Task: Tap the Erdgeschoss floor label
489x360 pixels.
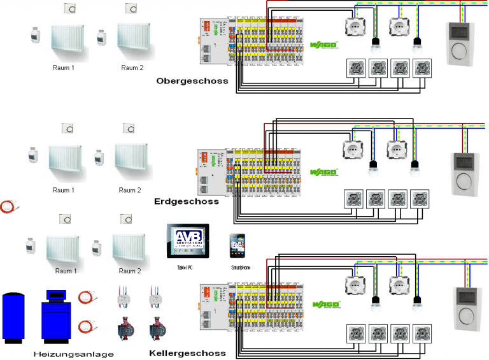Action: tap(186, 201)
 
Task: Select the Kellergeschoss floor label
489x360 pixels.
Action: tap(187, 353)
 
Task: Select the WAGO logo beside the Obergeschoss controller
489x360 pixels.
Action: tap(323, 45)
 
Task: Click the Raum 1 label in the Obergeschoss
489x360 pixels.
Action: tap(64, 68)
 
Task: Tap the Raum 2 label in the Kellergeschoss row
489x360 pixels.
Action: tap(130, 271)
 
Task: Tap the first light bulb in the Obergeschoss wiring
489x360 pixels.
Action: tap(376, 43)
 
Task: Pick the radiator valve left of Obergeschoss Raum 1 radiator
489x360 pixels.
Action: tap(36, 36)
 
